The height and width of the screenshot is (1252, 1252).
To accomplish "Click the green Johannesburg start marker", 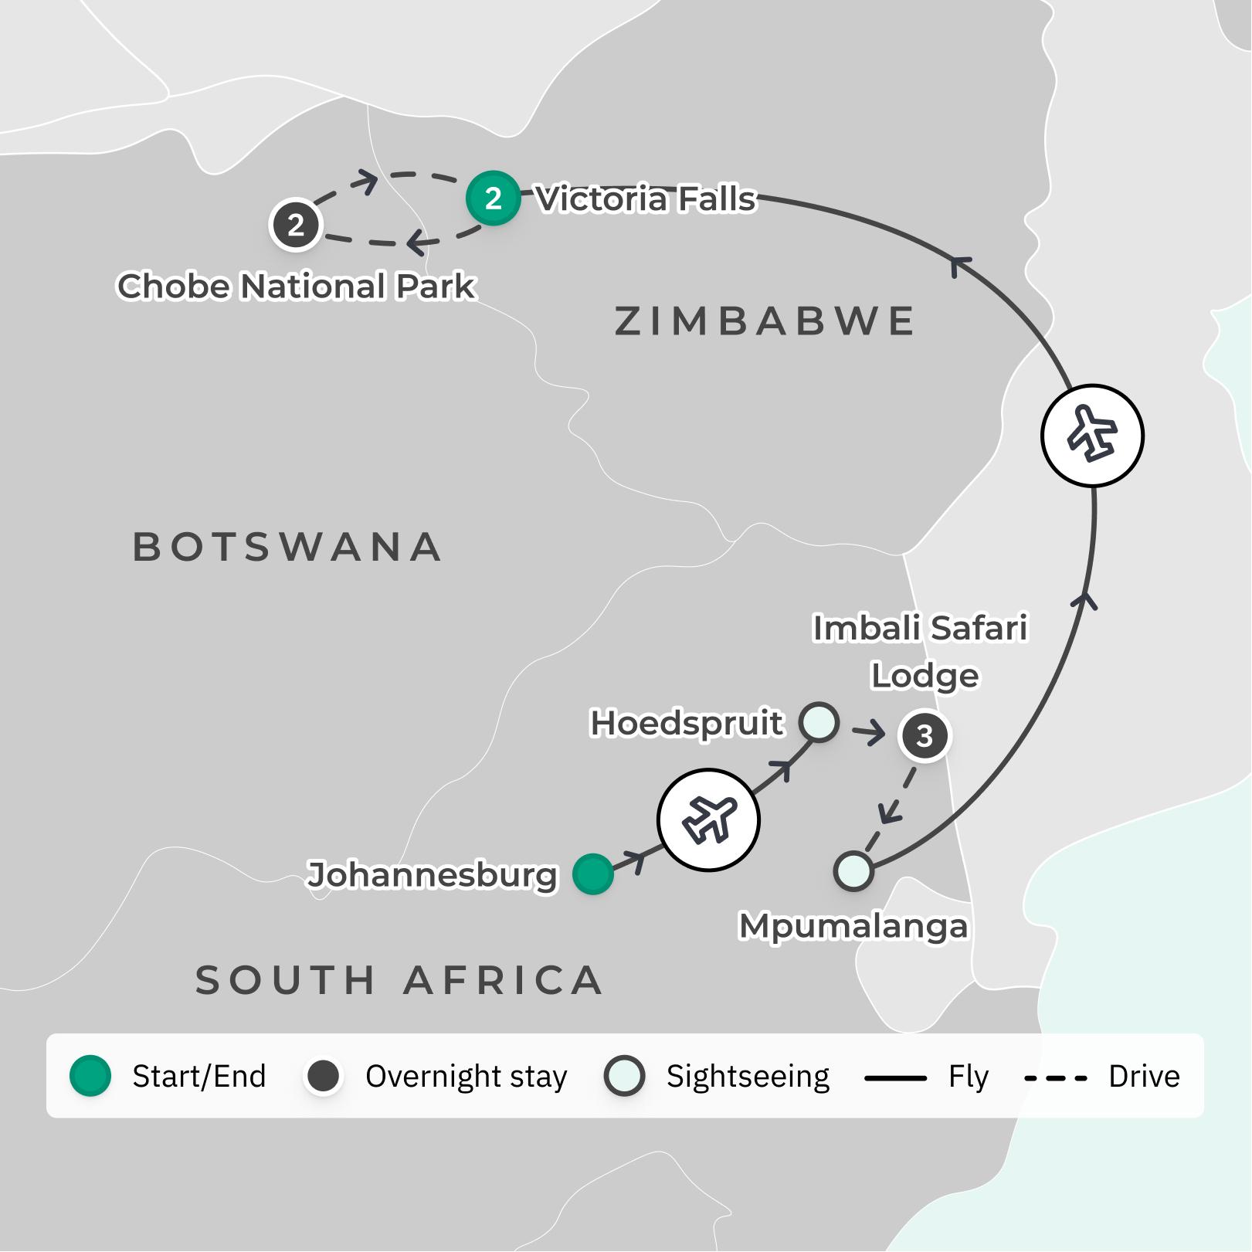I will click(x=592, y=874).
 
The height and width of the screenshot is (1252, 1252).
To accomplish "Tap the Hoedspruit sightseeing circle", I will click(x=819, y=722).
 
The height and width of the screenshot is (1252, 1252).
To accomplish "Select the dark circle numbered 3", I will click(x=925, y=735).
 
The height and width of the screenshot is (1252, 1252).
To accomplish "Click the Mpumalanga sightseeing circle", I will click(x=853, y=871).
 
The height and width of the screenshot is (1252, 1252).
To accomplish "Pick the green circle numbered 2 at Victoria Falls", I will click(x=493, y=198).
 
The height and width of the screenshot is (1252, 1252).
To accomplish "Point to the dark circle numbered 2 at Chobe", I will click(x=295, y=225).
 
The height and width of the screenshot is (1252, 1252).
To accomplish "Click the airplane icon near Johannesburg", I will click(x=708, y=819).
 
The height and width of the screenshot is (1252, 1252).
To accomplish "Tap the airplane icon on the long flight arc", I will click(x=1092, y=436).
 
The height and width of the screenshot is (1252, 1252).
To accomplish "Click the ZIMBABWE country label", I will click(x=765, y=321).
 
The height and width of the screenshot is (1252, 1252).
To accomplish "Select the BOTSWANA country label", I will click(x=287, y=547).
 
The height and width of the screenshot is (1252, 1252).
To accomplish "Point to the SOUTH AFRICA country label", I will click(x=399, y=980).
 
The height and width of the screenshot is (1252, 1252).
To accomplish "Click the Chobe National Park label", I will click(x=297, y=287).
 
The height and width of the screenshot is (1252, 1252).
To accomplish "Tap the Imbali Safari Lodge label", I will click(x=921, y=651).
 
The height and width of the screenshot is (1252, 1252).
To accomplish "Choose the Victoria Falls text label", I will click(x=645, y=199).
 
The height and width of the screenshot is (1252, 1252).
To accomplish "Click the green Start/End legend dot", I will click(x=90, y=1076).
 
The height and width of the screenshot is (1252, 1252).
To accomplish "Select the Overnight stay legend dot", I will click(x=324, y=1076).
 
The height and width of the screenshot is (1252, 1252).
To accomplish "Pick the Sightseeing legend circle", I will click(x=624, y=1076).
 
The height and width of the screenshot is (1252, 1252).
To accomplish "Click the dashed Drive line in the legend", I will click(x=1055, y=1077).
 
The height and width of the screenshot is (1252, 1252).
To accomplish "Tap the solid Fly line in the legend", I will click(x=895, y=1077).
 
